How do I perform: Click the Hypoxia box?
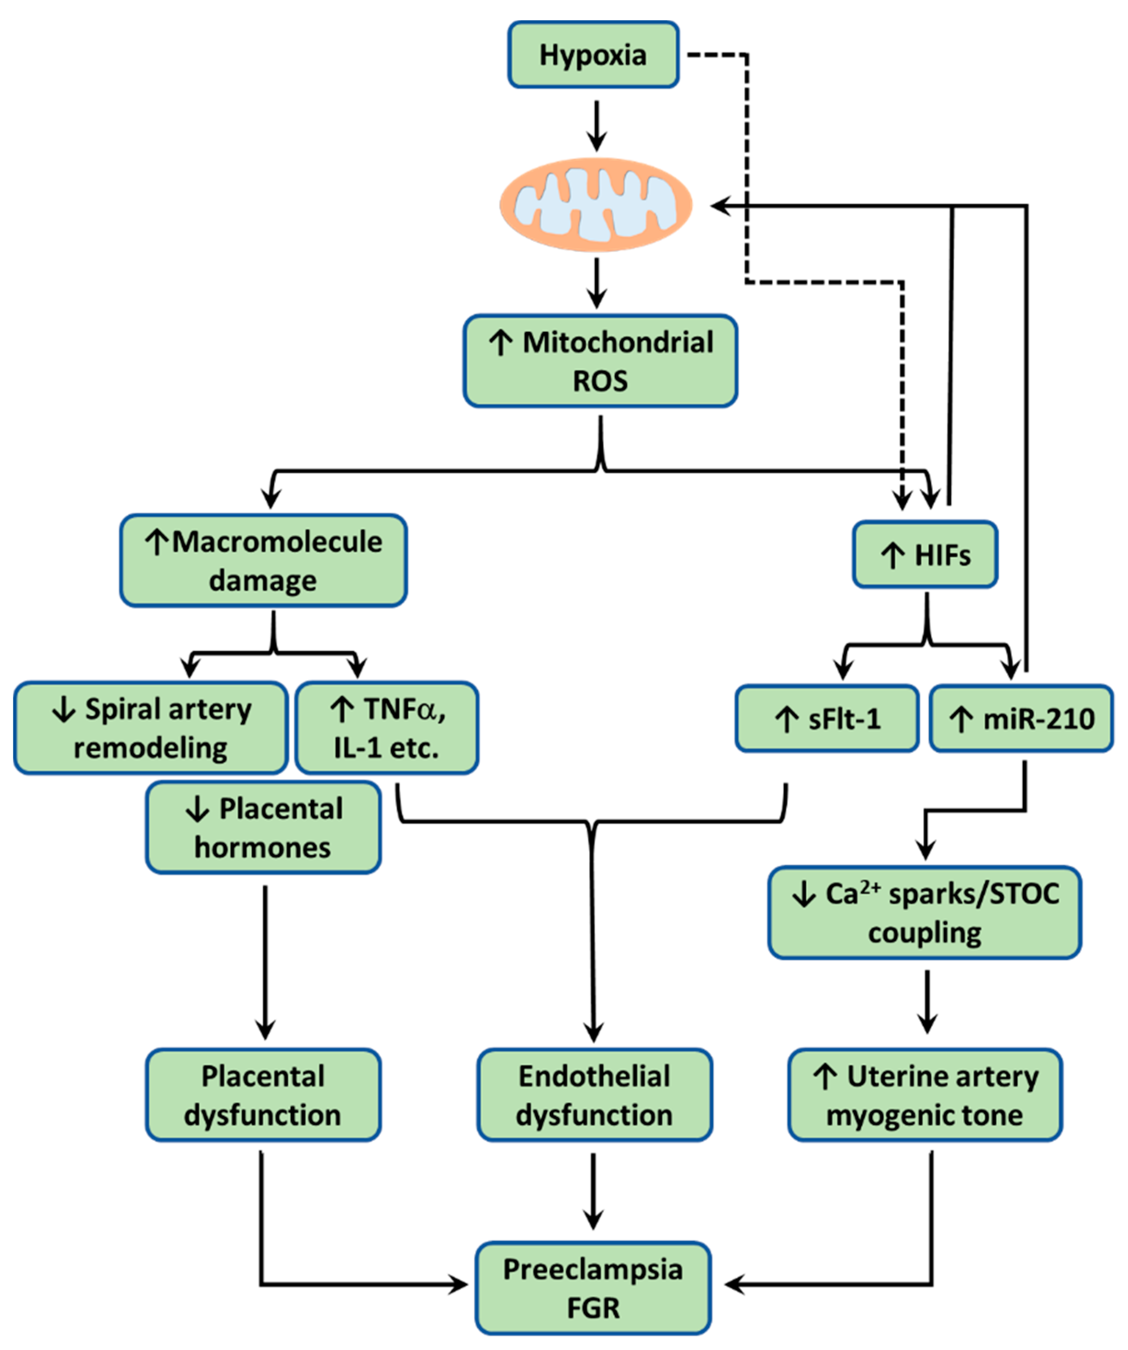coord(593,55)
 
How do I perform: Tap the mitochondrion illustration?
coord(596,204)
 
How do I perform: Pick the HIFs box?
coord(925,554)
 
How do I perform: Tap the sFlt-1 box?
coord(827,718)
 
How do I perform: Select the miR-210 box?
coord(1021,718)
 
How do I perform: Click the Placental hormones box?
coord(263,827)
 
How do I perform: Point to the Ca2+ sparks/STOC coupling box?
coord(925,912)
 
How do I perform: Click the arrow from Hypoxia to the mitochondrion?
coord(597,125)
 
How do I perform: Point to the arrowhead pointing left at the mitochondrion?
coord(720,206)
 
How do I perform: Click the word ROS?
coord(600,381)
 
